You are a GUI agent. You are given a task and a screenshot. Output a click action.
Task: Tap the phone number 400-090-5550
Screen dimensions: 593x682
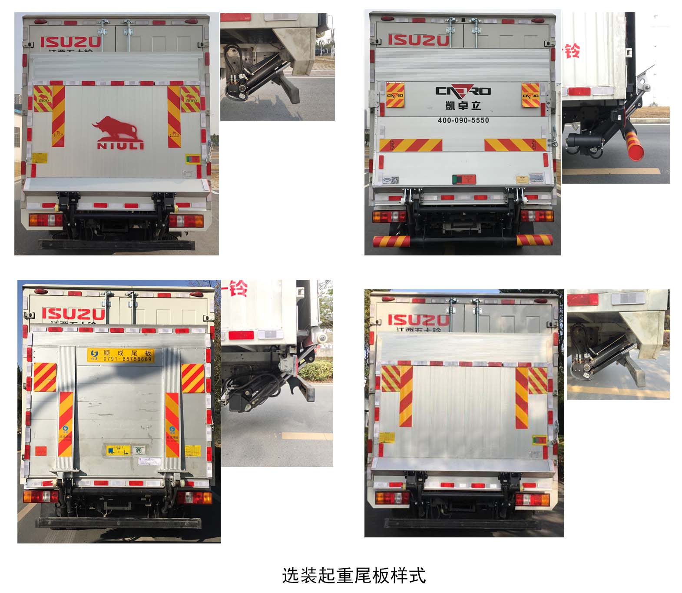click(463, 120)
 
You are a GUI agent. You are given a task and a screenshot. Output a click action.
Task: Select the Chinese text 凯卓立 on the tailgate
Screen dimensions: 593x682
click(463, 105)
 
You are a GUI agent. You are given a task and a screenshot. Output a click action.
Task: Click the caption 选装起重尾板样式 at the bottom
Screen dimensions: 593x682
click(354, 575)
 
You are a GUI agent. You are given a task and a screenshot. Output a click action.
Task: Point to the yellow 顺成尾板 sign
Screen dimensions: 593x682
click(121, 355)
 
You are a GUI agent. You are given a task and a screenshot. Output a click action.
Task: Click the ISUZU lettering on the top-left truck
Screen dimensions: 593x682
click(71, 42)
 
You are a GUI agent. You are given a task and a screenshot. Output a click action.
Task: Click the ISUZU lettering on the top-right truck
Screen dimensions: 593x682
click(418, 40)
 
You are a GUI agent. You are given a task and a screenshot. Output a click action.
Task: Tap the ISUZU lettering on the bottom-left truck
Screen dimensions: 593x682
click(73, 314)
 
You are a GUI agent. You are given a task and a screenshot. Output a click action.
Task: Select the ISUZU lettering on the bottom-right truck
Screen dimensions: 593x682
click(418, 320)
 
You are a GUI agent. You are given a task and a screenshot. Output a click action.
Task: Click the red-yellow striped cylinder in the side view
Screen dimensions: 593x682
click(635, 146)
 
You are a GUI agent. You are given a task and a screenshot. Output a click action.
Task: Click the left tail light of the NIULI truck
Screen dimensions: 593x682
click(45, 220)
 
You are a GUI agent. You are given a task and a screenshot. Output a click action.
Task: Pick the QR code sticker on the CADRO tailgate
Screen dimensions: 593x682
click(395, 179)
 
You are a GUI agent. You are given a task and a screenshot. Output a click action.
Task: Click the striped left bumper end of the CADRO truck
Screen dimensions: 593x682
click(391, 241)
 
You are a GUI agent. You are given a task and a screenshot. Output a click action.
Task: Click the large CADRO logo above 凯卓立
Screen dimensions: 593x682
click(463, 91)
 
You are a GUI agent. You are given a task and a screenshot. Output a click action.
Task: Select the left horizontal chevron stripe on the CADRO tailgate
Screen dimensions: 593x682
click(411, 145)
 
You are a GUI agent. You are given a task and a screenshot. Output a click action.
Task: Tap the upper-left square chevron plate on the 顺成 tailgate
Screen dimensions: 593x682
click(45, 377)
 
